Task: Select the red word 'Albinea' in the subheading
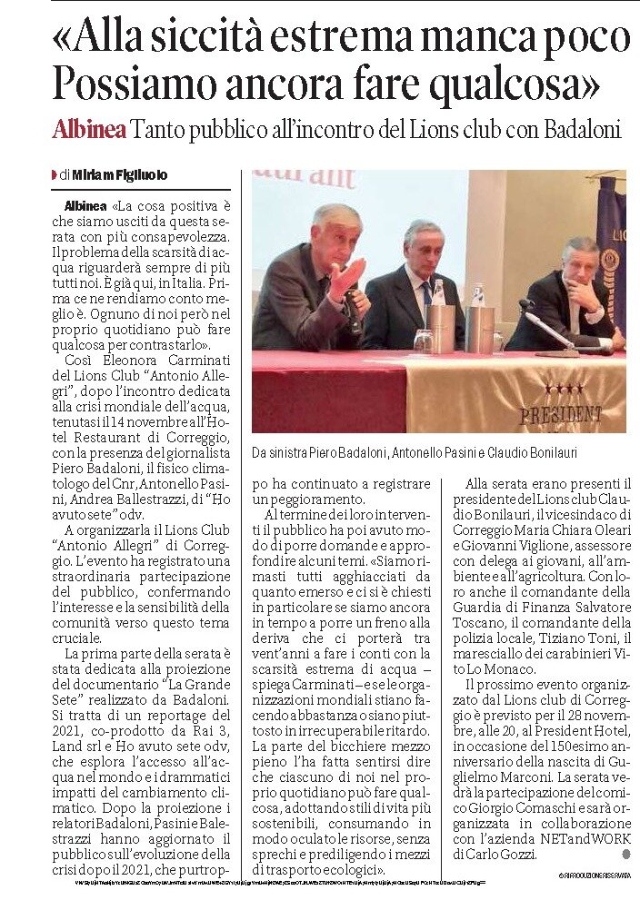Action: pyautogui.click(x=88, y=130)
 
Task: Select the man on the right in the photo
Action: pyautogui.click(x=569, y=295)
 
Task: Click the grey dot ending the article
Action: pyautogui.click(x=625, y=855)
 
